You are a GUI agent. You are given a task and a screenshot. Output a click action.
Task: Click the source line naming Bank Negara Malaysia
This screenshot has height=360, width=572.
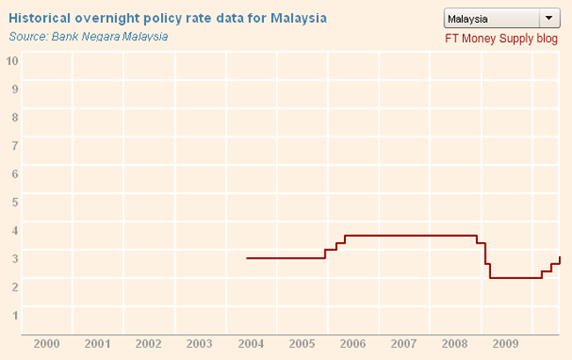[x=88, y=36]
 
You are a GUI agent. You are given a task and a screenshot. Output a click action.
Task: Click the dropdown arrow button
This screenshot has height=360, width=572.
[x=548, y=18]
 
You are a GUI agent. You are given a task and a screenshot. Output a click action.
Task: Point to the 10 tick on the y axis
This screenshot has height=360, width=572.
[x=13, y=60]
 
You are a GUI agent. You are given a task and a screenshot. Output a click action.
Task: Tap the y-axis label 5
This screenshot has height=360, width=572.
[x=13, y=201]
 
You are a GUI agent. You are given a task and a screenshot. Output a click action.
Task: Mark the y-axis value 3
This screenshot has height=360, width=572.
[x=13, y=257]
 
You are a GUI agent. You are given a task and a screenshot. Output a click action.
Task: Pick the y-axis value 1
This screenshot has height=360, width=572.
[x=13, y=313]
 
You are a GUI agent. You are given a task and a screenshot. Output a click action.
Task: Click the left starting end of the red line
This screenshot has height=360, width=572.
[x=246, y=258]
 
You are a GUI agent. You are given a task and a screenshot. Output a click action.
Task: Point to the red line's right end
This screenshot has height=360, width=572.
[x=560, y=257]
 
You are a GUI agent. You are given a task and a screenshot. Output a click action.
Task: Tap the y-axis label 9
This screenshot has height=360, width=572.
[x=13, y=88]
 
